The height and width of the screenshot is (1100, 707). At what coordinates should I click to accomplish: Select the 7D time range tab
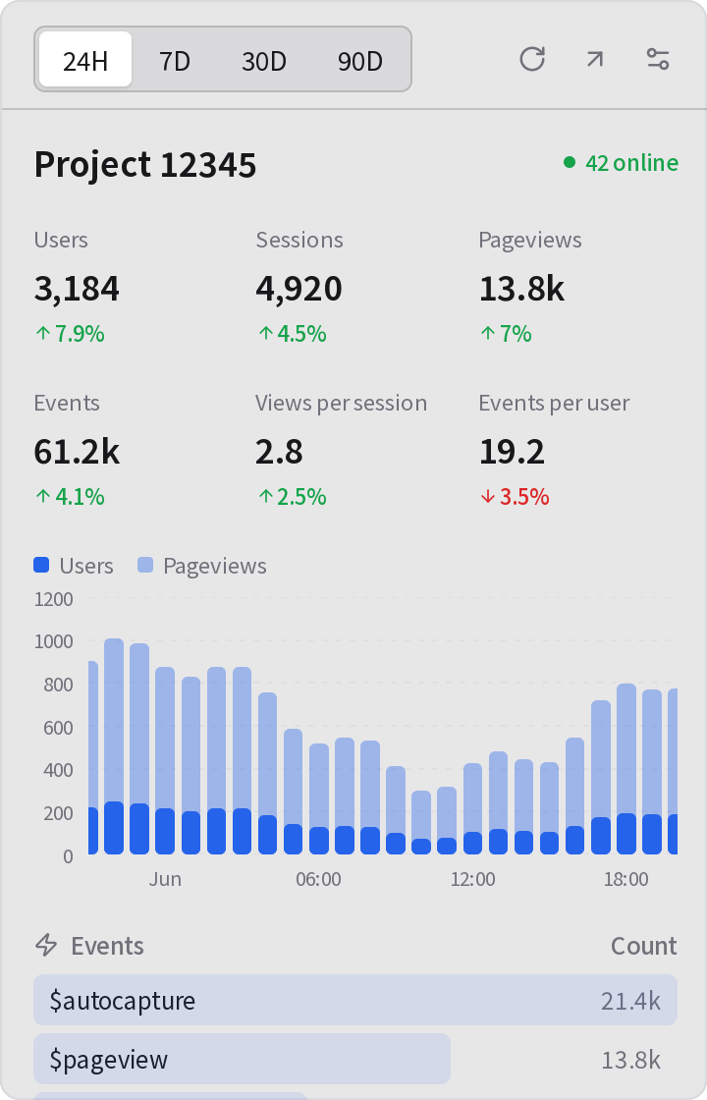175,61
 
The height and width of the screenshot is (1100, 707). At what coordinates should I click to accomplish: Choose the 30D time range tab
264,61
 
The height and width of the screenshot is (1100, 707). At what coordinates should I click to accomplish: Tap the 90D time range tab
359,61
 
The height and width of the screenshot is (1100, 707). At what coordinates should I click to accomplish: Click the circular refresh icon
531,59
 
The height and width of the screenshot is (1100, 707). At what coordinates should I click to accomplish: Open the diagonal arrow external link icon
595,59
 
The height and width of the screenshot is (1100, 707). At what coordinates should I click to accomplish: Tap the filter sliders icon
658,59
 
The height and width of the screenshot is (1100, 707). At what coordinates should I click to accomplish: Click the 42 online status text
631,163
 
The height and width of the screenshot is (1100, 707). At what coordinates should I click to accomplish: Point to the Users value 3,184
77,289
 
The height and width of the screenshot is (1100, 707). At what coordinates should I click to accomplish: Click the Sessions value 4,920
299,289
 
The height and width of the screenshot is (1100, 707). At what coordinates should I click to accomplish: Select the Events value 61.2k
77,451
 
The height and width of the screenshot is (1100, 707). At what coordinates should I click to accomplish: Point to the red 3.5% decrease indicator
515,497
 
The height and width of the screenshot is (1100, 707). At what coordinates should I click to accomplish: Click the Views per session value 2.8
279,451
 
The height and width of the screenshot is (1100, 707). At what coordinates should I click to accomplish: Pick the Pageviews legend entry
202,566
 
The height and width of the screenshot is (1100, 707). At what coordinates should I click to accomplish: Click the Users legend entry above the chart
73,566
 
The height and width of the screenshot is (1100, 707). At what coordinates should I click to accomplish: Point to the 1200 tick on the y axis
53,599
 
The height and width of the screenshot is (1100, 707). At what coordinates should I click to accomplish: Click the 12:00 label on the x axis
472,879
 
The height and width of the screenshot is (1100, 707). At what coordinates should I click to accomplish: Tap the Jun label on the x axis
165,879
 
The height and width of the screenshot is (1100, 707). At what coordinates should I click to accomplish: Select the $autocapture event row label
122,1001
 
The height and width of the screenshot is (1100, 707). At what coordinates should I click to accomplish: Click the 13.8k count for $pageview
630,1060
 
